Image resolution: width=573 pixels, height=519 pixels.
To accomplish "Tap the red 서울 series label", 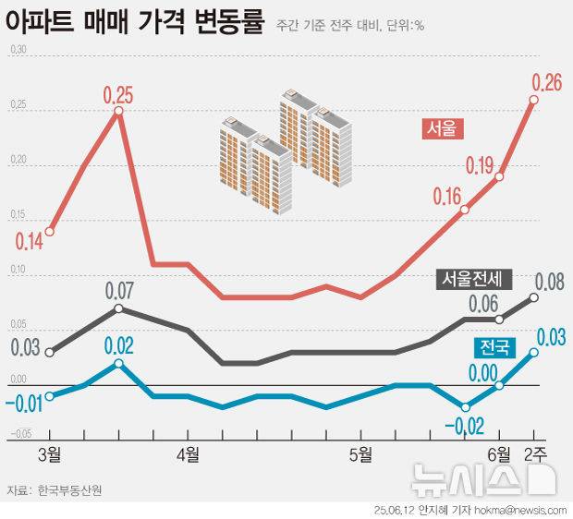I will tap(441, 129).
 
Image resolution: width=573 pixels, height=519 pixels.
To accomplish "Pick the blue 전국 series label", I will tap(493, 347).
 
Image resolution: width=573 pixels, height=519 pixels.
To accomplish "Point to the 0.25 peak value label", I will tap(118, 94).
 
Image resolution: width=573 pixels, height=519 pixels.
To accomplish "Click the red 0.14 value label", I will tap(30, 243).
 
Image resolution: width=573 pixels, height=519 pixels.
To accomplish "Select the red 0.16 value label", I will tap(447, 197).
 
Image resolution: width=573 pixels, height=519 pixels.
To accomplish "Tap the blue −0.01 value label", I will tap(22, 404).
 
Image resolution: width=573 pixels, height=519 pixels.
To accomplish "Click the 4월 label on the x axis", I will tap(189, 453).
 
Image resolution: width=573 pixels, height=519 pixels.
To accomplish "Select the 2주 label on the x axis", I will tap(534, 453).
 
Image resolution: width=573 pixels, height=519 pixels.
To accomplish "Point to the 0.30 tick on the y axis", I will tap(18, 50).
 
